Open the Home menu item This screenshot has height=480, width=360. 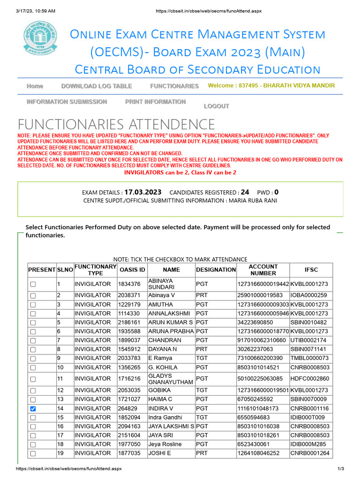point(35,86)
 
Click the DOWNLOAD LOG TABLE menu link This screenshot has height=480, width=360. point(97,86)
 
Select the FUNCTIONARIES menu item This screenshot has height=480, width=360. point(174,86)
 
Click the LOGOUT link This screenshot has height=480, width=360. point(216,106)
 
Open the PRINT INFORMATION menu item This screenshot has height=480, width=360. point(155,102)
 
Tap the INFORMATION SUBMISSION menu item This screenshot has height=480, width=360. point(67,102)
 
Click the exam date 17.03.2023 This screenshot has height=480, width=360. point(143,192)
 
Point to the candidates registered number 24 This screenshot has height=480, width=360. point(245,192)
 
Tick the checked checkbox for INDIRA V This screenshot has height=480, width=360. point(33,409)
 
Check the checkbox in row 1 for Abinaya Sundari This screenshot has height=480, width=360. point(33,284)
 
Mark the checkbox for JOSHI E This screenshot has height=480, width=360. point(33,453)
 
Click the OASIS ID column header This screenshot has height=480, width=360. point(132,270)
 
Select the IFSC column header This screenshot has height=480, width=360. point(311,270)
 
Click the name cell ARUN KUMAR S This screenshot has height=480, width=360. point(171,322)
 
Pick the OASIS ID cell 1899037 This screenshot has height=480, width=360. point(129,340)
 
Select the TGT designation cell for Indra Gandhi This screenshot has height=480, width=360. point(202,418)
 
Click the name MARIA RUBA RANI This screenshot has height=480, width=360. point(253,201)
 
